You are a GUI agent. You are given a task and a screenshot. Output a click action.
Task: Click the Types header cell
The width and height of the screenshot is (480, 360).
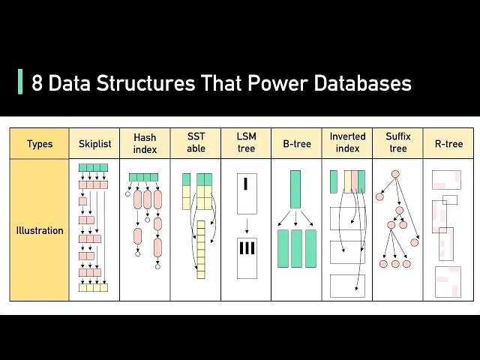[x=39, y=143]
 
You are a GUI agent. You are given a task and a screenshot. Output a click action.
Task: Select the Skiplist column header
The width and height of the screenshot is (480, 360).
[x=94, y=143]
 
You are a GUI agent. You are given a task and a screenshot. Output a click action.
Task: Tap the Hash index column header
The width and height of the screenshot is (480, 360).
[x=145, y=143]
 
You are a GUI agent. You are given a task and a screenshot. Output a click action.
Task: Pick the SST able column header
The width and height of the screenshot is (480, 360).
[x=196, y=143]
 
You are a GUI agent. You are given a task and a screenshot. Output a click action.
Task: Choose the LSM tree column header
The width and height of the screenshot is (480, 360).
[x=246, y=143]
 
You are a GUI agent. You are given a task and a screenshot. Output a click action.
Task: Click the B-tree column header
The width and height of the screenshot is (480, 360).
[x=296, y=143]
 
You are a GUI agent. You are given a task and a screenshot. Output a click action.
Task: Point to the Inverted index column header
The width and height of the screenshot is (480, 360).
[x=347, y=143]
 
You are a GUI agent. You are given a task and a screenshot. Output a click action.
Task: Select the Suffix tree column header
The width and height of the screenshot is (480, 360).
[x=398, y=143]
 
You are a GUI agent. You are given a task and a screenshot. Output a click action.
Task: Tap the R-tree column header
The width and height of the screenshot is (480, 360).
[x=448, y=143]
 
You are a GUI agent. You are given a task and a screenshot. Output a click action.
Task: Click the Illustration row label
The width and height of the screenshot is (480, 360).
[x=39, y=230]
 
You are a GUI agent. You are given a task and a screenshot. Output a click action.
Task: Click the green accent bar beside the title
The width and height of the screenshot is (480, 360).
[x=19, y=82]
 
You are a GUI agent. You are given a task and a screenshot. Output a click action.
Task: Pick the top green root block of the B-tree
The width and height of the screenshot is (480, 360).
[x=295, y=189]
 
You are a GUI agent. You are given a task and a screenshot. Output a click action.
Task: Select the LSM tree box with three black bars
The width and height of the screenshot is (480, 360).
[x=247, y=248]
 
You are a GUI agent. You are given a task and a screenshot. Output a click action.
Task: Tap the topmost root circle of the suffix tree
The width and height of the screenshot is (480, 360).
[x=395, y=174]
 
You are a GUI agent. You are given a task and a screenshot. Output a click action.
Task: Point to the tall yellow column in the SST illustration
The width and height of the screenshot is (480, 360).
[x=201, y=249]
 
